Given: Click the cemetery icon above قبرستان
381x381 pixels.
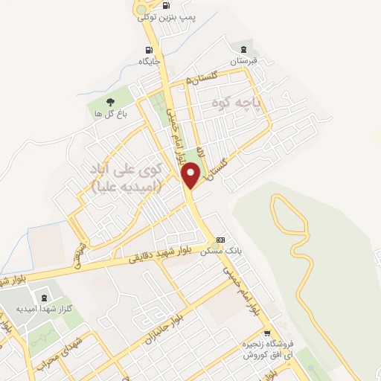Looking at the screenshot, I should click(x=241, y=47).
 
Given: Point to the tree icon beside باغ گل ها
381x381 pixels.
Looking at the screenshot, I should click(x=110, y=101).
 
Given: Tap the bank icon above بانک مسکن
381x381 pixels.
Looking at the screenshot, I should click(x=220, y=240).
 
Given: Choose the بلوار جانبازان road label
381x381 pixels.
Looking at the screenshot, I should click(x=164, y=327).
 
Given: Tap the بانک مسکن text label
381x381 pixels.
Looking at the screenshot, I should click(x=217, y=252).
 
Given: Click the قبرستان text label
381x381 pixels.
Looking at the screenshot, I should click(x=243, y=60).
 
